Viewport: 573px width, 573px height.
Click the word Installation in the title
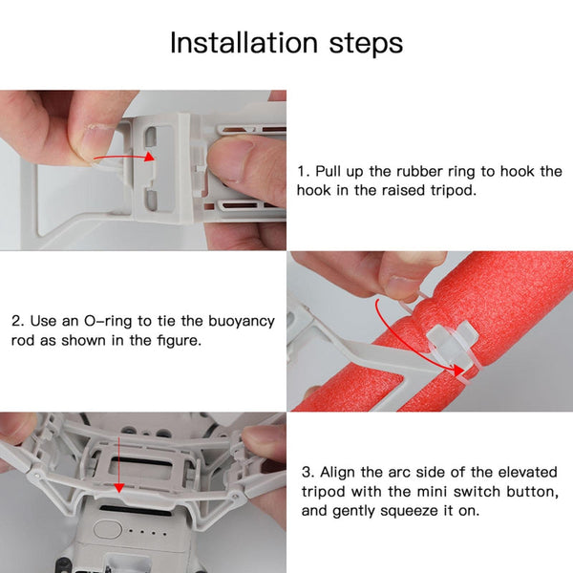[228, 43]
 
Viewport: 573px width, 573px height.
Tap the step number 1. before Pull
[303, 171]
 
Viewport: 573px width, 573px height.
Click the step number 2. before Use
[18, 321]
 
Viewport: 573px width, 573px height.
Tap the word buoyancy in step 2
[238, 322]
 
